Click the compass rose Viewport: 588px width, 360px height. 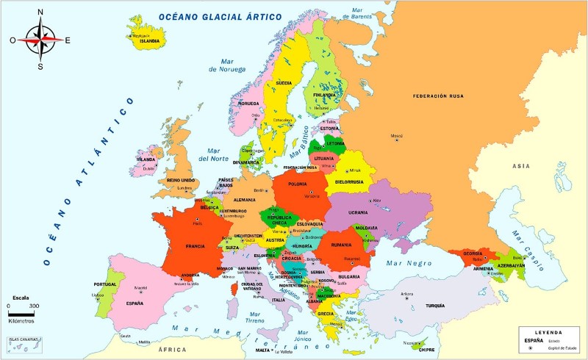pyautogui.click(x=41, y=39)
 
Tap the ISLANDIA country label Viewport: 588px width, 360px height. pyautogui.click(x=149, y=41)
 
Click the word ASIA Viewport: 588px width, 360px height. pyautogui.click(x=521, y=166)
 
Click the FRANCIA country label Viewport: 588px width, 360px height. pyautogui.click(x=195, y=245)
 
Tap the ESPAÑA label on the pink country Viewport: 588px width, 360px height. pyautogui.click(x=135, y=303)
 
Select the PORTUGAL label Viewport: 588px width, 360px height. pyautogui.click(x=106, y=284)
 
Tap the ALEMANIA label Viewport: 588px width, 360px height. pyautogui.click(x=244, y=200)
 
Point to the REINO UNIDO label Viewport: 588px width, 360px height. pyautogui.click(x=181, y=179)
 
